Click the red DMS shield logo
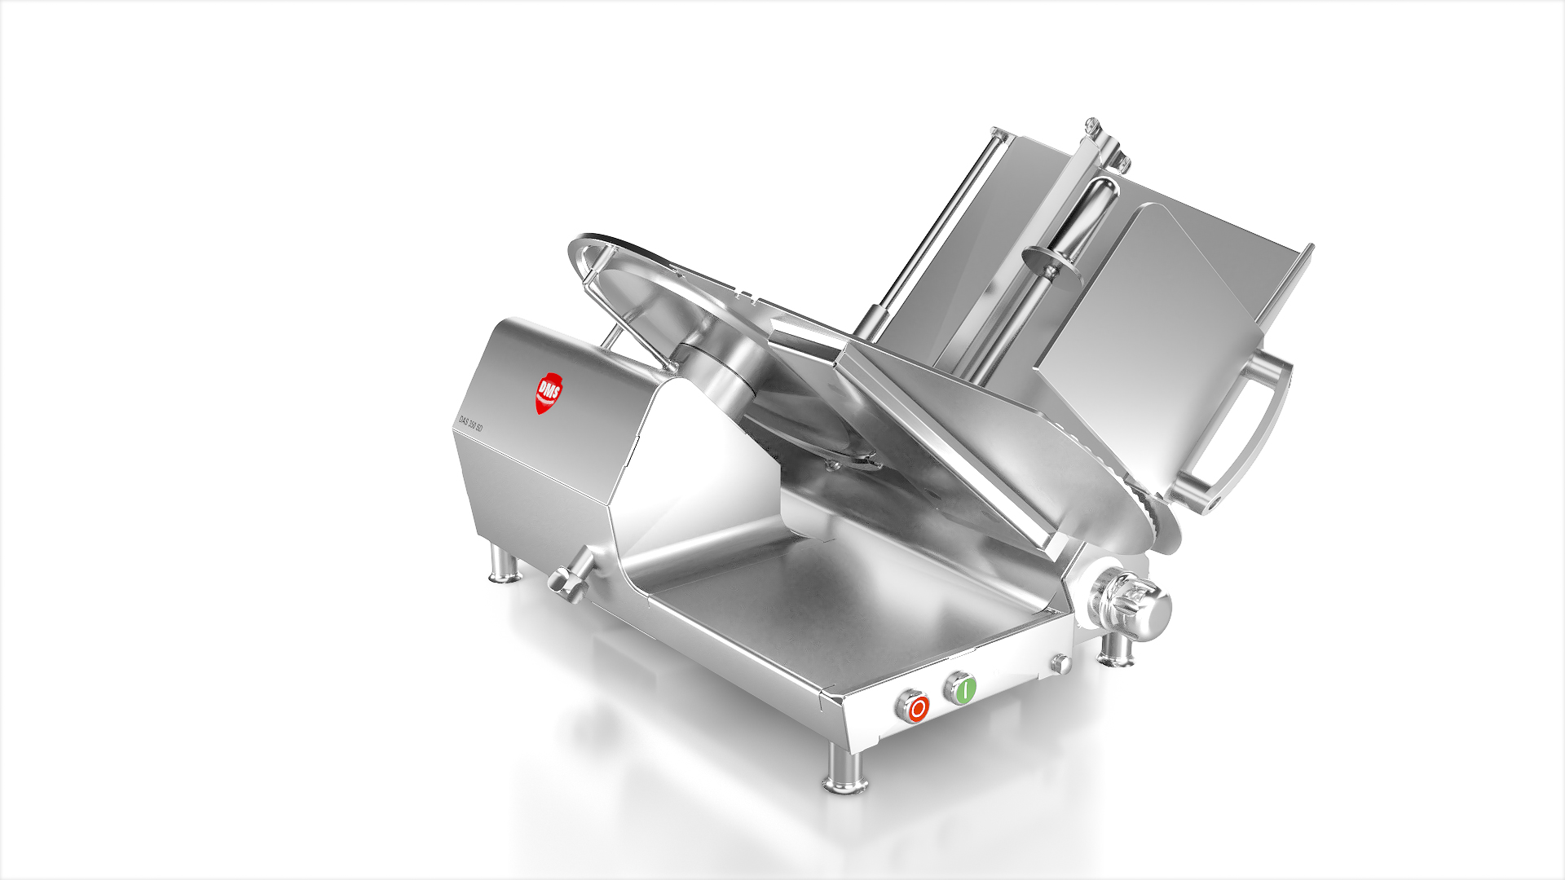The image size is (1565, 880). pyautogui.click(x=548, y=394)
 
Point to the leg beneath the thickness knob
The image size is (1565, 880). pyautogui.click(x=1114, y=649)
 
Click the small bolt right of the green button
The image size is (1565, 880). pyautogui.click(x=1060, y=663)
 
